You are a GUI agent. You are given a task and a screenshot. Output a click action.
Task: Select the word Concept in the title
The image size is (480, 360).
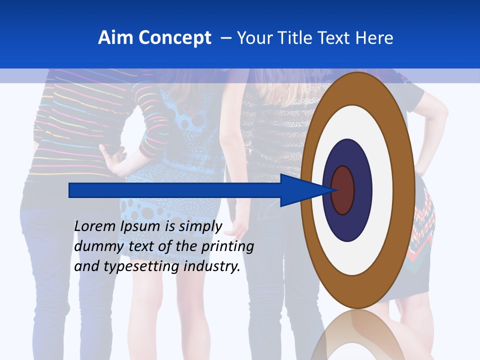[175, 38]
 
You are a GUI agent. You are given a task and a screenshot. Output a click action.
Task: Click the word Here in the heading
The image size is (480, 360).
[374, 37]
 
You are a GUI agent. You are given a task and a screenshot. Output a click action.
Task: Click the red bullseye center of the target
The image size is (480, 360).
[342, 190]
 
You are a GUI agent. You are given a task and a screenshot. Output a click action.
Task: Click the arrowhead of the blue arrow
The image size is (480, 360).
[300, 190]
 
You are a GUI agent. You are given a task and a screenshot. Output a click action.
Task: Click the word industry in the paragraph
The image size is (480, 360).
[212, 266]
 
